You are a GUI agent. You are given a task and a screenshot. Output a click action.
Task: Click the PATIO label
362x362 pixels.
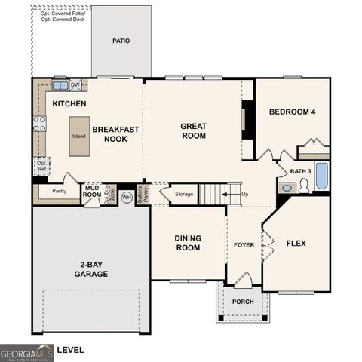click(x=121, y=41)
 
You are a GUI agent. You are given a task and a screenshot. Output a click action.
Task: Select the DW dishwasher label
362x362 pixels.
click(x=75, y=84)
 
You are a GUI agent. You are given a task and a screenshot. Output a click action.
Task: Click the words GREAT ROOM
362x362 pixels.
click(x=193, y=130)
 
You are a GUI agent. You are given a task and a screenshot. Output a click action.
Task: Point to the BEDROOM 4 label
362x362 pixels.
click(x=293, y=112)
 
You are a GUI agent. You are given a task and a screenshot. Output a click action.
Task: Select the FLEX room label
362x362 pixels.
click(x=296, y=244)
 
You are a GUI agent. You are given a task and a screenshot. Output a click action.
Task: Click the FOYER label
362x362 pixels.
click(x=244, y=244)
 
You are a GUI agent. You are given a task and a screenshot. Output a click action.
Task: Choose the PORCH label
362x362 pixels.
click(x=243, y=302)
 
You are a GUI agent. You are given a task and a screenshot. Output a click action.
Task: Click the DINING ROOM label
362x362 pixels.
click(x=188, y=243)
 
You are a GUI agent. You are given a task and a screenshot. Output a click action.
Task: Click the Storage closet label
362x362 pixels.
click(x=184, y=195)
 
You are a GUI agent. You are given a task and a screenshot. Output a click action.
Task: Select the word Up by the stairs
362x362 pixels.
click(x=244, y=195)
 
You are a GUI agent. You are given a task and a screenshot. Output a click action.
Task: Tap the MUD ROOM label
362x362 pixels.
click(x=92, y=191)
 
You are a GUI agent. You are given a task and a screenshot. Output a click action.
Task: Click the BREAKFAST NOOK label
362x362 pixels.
click(x=115, y=134)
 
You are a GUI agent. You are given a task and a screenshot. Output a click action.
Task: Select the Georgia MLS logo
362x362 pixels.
click(x=27, y=351)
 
